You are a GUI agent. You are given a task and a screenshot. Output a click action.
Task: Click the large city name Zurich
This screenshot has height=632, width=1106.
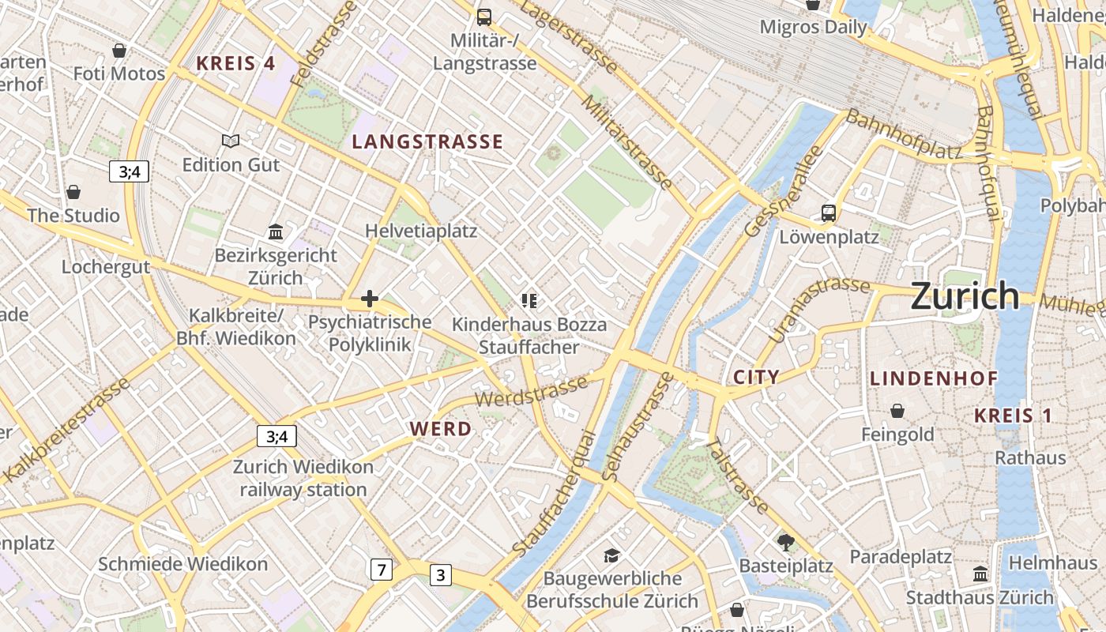(x=965, y=296)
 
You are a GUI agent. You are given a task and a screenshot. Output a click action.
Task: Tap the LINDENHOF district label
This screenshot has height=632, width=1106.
(x=934, y=379)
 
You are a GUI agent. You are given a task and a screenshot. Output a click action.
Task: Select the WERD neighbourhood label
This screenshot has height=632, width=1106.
(x=441, y=429)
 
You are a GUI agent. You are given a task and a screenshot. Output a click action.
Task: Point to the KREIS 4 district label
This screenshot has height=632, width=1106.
(x=235, y=64)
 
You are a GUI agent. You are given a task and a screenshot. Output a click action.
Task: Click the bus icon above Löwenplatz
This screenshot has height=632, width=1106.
(x=828, y=213)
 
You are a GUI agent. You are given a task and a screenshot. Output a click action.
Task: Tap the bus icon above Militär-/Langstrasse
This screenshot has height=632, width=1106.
(x=483, y=17)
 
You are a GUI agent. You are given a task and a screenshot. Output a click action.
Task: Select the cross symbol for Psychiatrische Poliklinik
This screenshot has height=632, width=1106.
(x=369, y=299)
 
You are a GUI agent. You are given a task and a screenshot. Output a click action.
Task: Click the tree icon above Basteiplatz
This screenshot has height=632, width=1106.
(x=785, y=542)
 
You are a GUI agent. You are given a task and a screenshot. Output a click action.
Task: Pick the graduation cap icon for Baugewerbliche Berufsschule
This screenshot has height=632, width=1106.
(x=611, y=556)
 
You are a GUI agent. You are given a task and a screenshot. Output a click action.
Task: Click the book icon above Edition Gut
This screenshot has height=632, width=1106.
(x=230, y=141)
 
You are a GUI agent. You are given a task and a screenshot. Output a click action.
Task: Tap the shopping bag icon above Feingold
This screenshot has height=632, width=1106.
(x=897, y=411)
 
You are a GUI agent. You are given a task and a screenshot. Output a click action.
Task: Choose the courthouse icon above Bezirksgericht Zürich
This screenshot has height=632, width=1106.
(x=276, y=231)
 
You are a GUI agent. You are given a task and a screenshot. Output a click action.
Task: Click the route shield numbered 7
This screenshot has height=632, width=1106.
(x=382, y=569)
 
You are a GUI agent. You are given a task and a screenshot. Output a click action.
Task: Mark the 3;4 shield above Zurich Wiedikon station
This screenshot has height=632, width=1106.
(x=276, y=436)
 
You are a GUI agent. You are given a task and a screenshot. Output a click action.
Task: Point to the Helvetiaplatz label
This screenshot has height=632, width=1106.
(x=421, y=231)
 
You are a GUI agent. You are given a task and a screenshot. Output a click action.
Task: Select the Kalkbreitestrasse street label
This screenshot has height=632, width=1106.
(x=66, y=430)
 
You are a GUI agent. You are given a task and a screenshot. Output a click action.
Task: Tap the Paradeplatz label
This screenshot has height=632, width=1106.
(x=901, y=557)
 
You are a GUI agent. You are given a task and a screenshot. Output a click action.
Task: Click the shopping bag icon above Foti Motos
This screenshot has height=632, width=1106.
(x=119, y=51)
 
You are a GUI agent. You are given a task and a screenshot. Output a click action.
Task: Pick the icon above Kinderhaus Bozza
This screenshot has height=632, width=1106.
(x=529, y=300)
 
